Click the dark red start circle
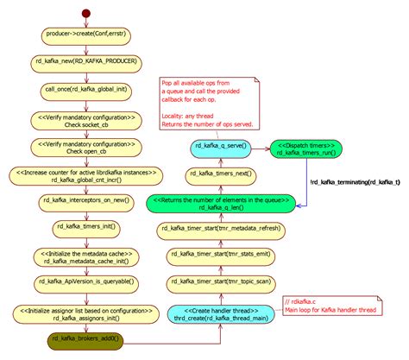point(85,13)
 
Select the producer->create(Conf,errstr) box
point(85,35)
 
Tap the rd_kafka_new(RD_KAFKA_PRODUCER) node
point(85,62)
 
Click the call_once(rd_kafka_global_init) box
point(85,89)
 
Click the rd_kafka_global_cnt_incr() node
point(85,180)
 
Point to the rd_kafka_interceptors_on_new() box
point(85,201)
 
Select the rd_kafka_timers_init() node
point(85,228)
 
